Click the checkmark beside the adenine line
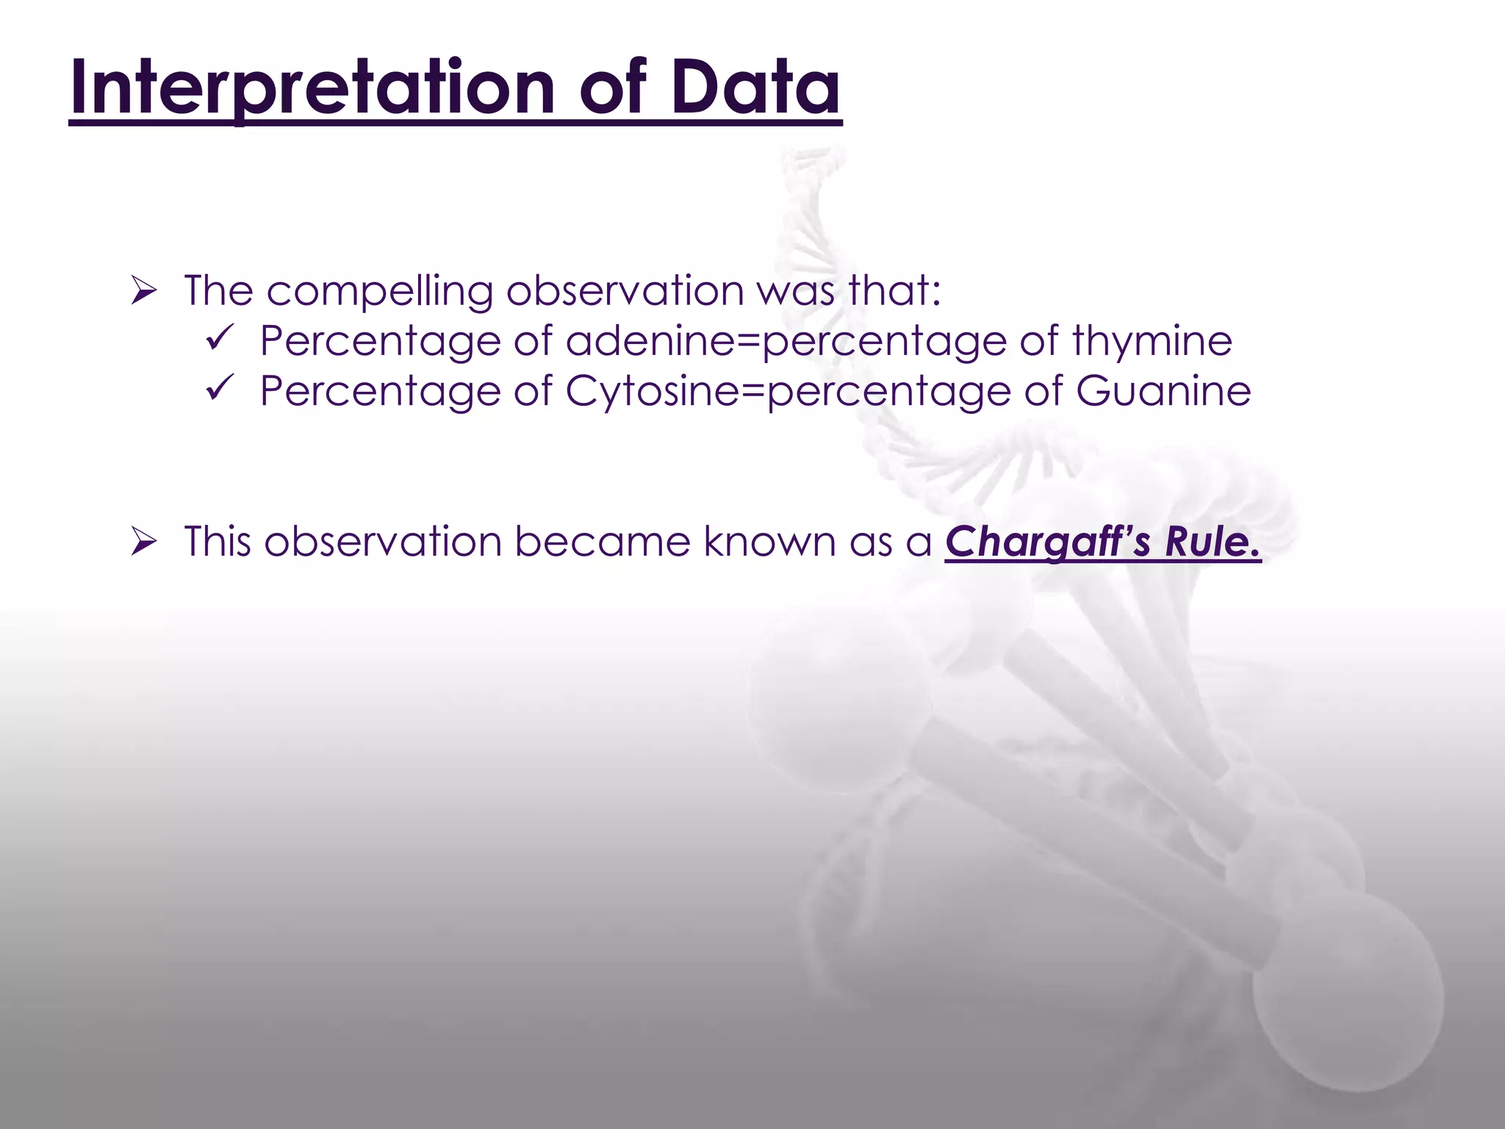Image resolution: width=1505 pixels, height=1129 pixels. tap(219, 340)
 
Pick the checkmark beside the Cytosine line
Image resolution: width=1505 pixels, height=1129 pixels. tap(219, 389)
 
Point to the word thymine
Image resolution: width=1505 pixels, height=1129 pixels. tap(1152, 341)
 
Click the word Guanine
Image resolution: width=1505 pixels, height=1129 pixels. tap(1163, 390)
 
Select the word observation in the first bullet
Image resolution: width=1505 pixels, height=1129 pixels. tap(625, 291)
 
